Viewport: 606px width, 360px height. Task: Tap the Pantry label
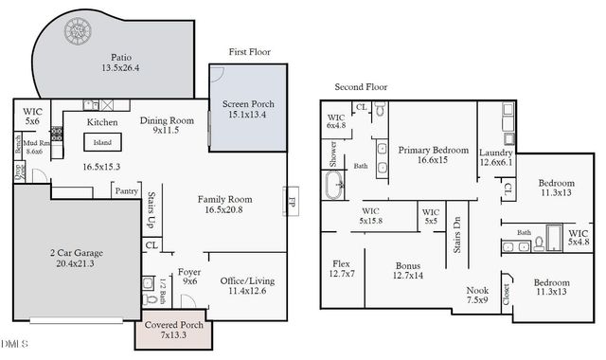126,190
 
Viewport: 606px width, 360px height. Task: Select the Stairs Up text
151,210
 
